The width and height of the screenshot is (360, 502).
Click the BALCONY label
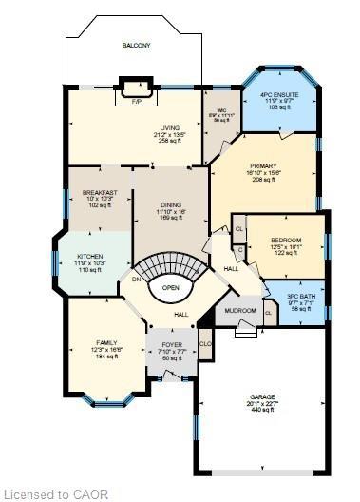[136, 46]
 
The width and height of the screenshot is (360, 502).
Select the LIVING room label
[169, 127]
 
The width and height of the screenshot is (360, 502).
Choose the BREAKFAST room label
[100, 192]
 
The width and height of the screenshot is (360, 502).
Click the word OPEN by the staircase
[171, 287]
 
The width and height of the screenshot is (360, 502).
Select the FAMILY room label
[106, 341]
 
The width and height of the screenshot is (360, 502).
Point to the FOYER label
[172, 344]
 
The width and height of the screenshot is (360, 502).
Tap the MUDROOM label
[240, 311]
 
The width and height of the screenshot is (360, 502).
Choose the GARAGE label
[262, 397]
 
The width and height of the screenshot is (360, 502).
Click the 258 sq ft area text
[169, 140]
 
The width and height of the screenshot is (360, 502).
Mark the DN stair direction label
[136, 280]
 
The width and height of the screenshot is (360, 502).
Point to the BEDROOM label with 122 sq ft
[286, 240]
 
